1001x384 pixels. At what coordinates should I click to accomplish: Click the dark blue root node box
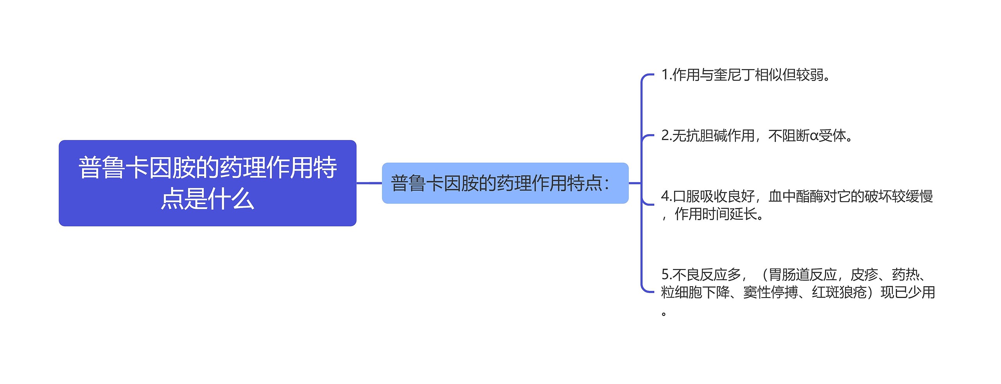click(x=207, y=183)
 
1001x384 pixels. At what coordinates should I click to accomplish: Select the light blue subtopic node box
click(x=505, y=183)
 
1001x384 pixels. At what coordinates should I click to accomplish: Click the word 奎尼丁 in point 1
click(x=734, y=75)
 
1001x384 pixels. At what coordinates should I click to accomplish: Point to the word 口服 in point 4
click(x=686, y=196)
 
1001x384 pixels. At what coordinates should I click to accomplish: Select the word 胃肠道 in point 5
click(x=789, y=275)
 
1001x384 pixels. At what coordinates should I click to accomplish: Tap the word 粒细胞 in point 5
click(x=682, y=292)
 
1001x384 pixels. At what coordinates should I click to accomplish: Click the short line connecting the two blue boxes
click(x=369, y=183)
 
